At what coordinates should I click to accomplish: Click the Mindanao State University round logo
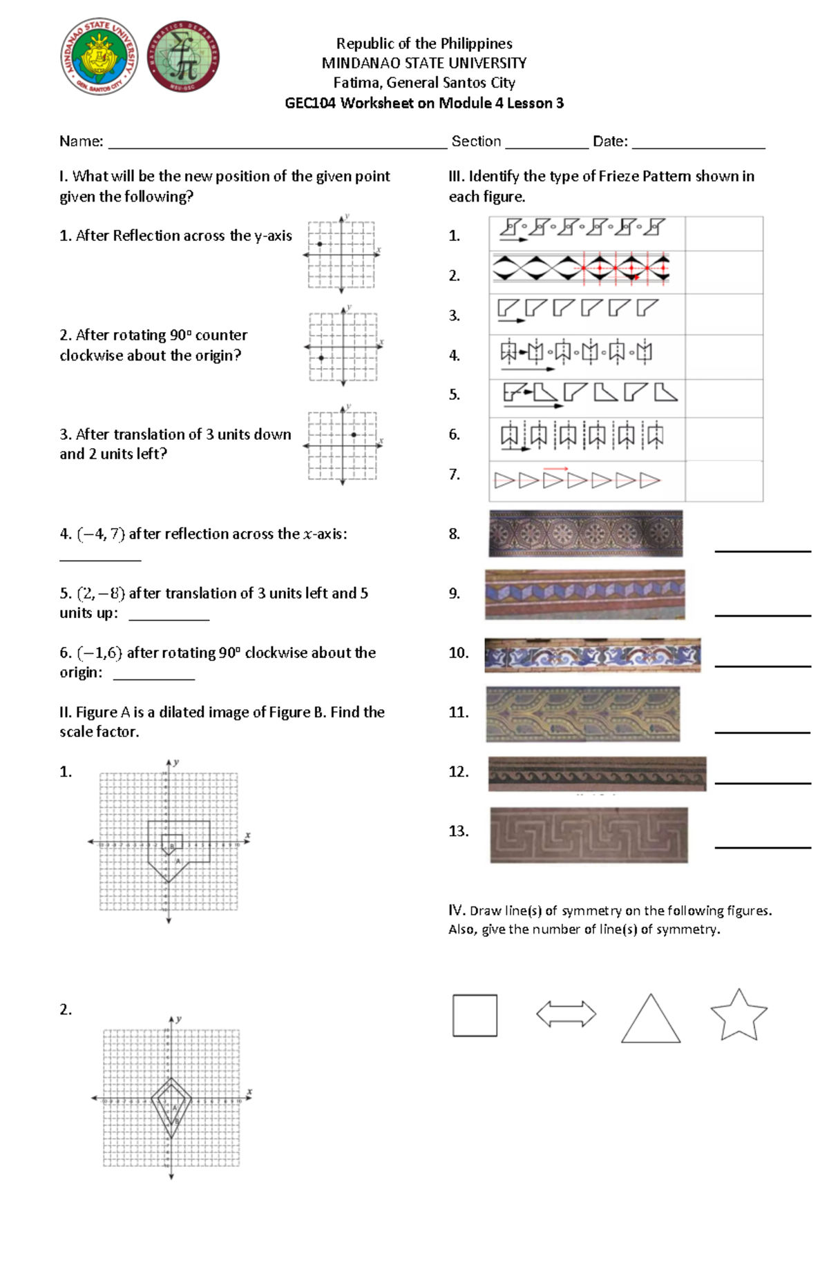coord(99,57)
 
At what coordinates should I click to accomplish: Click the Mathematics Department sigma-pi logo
coord(184,57)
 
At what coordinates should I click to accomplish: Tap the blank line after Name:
coord(276,146)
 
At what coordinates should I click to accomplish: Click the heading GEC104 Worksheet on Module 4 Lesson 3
coord(424,104)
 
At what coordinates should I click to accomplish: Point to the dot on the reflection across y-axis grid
coord(319,244)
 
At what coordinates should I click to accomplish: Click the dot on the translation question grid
coord(354,434)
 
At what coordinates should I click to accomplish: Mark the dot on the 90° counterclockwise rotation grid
coord(321,358)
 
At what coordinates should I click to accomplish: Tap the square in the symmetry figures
coord(475,1015)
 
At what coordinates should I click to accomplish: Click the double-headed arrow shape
coord(566,1014)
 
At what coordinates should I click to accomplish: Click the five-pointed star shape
coord(739,1015)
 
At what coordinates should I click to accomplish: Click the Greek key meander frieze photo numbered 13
coord(589,835)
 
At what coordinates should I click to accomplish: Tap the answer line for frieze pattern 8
coord(762,550)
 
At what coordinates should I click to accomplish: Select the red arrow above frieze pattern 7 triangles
coord(555,468)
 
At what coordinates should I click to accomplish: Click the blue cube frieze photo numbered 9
coord(584,594)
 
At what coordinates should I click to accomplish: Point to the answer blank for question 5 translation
coord(169,619)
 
